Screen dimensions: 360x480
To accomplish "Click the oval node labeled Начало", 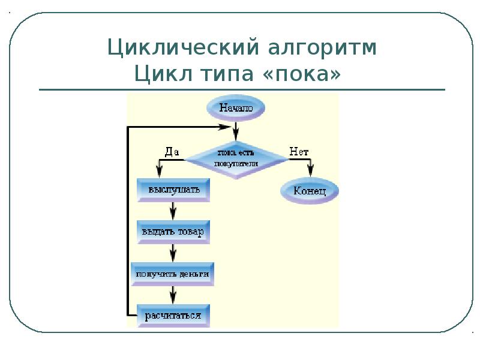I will coord(236,109).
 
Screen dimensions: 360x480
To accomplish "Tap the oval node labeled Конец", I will coord(310,191).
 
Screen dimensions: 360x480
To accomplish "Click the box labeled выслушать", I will coord(173,190).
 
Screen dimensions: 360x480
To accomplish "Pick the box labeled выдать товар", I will coord(173,231).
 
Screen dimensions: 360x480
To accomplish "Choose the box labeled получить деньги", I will coord(173,273).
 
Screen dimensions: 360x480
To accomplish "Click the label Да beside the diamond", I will coord(172,152).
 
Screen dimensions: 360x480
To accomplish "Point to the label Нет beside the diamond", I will coord(299,152).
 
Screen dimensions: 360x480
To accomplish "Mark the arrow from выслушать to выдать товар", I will coord(173,211).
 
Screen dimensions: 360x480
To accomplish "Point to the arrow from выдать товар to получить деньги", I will coord(173,252).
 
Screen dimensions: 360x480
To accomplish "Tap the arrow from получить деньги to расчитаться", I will coord(173,293).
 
